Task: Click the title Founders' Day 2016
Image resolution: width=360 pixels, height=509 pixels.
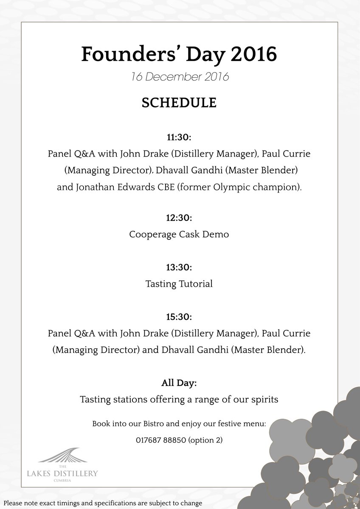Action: [x=179, y=54]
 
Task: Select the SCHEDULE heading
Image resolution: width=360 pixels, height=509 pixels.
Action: [x=180, y=103]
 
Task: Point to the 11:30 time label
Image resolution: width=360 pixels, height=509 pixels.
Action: [x=179, y=138]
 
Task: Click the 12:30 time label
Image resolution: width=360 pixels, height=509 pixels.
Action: [x=179, y=218]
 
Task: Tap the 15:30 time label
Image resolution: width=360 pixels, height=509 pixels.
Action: [x=179, y=317]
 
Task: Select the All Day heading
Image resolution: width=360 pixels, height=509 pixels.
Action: [x=179, y=383]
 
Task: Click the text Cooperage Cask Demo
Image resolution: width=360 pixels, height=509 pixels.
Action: [x=179, y=234]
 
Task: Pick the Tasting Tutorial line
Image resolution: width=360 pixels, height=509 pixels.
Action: [x=179, y=284]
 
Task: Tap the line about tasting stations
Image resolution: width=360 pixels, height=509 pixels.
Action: [x=179, y=400]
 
